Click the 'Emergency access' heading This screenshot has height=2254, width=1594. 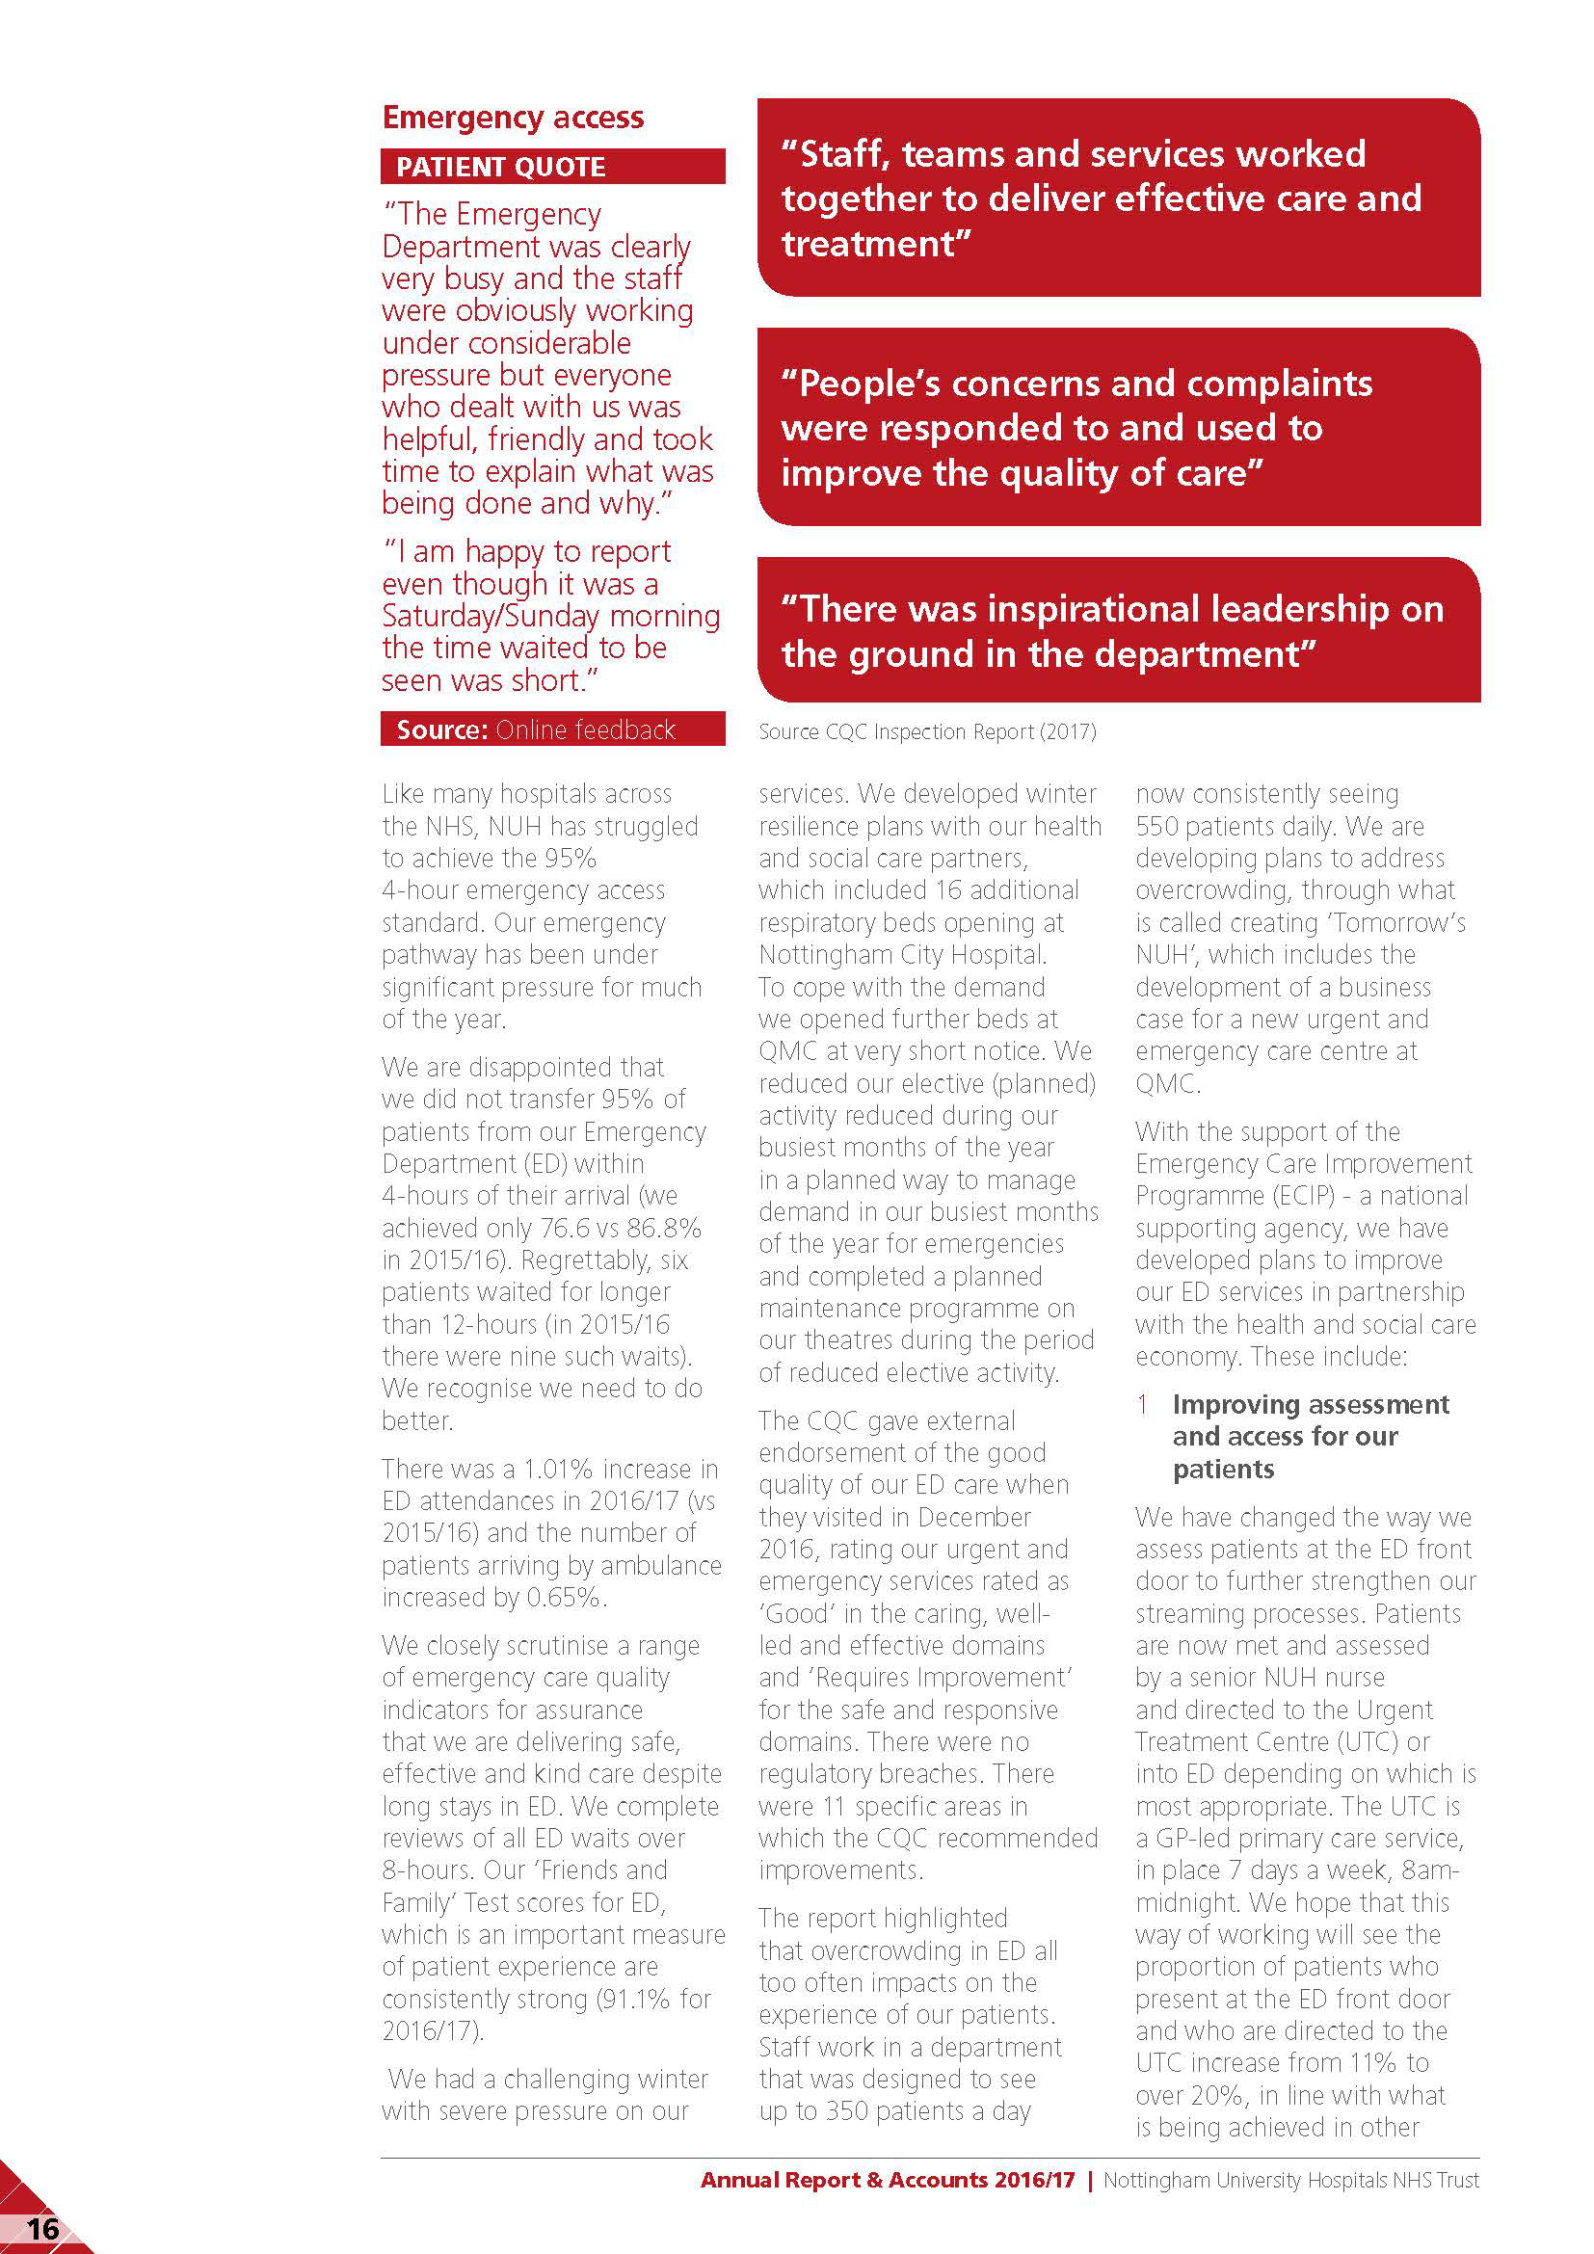[x=513, y=118]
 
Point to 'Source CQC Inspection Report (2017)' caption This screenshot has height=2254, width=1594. [x=926, y=731]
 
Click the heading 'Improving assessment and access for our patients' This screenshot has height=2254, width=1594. [x=1310, y=1436]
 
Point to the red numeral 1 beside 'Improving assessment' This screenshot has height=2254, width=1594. [x=1143, y=1405]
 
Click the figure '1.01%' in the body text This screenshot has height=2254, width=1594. [x=557, y=1470]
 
